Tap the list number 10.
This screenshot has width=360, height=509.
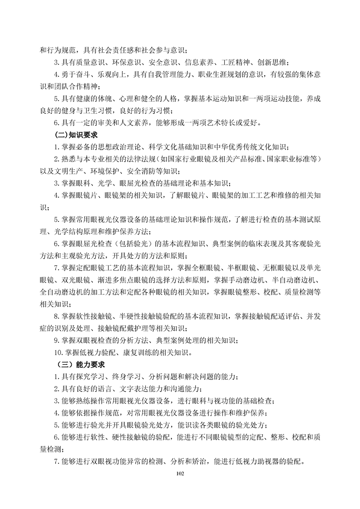(57, 352)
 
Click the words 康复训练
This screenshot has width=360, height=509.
(137, 352)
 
